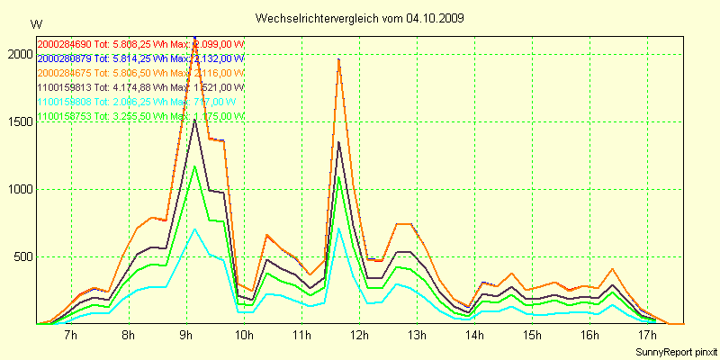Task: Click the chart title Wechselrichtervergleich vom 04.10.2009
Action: (359, 18)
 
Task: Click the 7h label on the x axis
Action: (71, 336)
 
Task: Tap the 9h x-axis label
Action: (186, 336)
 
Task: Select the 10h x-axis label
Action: (243, 336)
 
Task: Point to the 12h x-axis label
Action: (358, 336)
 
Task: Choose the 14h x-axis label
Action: (473, 336)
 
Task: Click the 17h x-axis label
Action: (646, 336)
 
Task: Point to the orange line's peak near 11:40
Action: (338, 58)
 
